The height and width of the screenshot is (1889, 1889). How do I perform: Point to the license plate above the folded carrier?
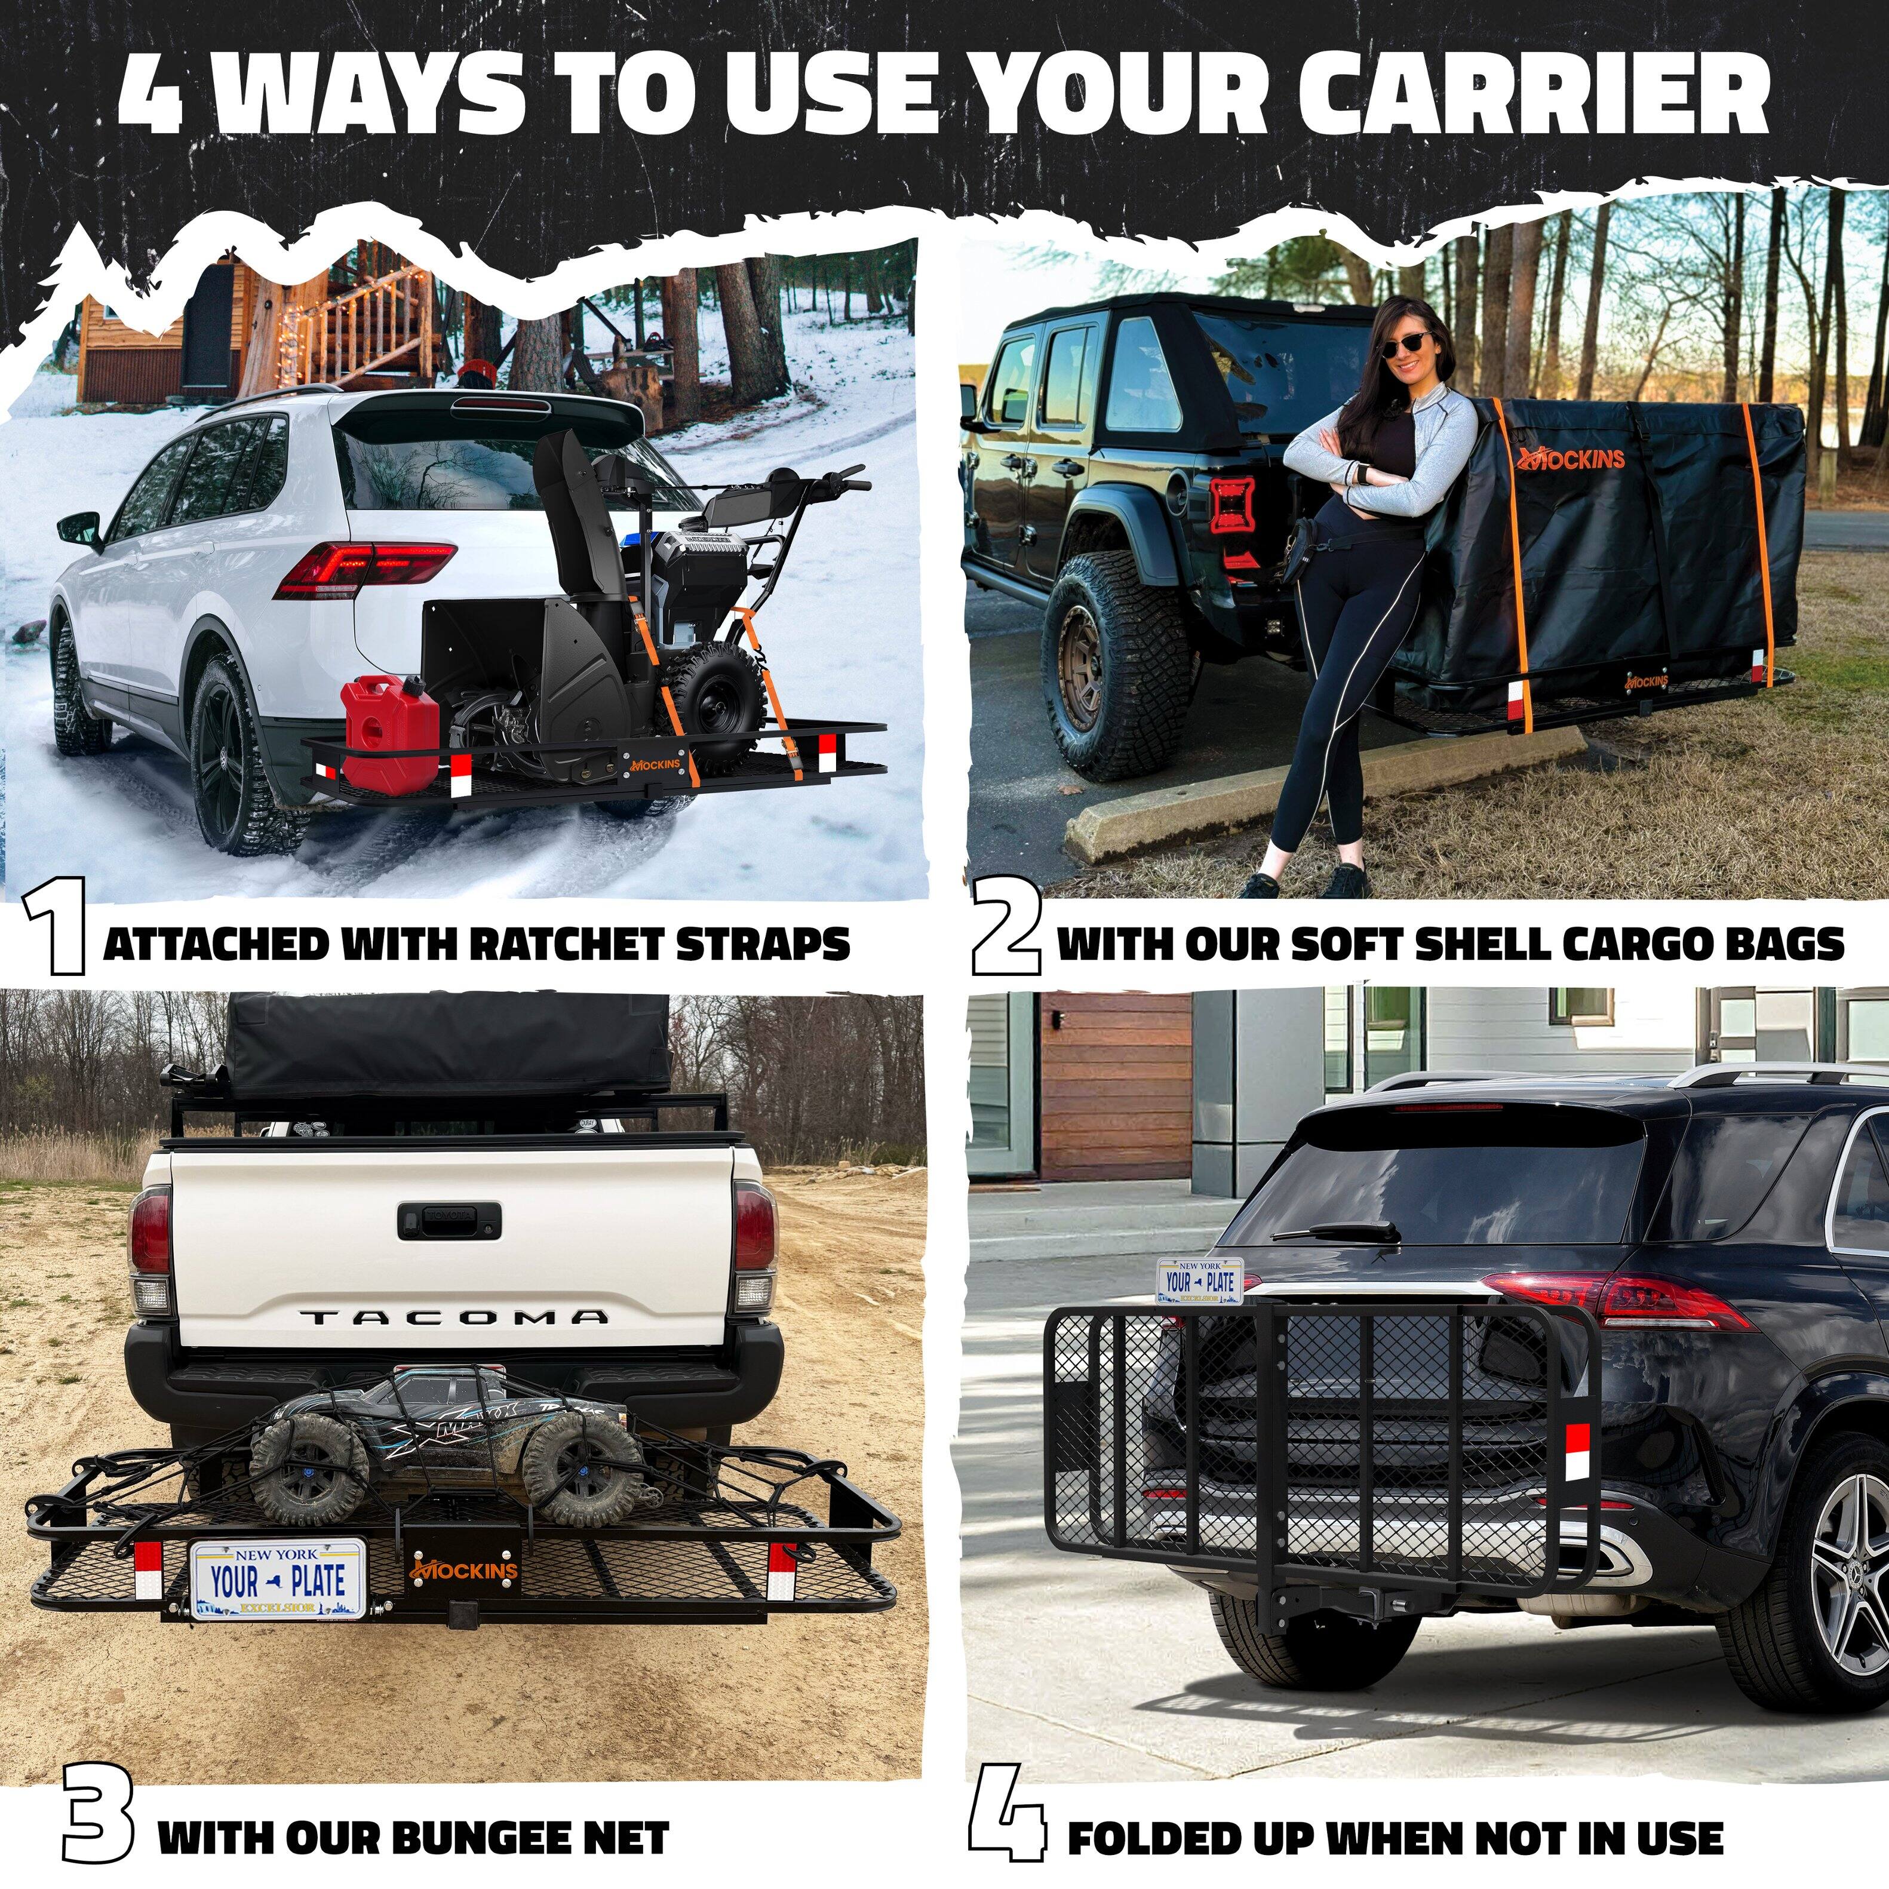(x=1200, y=1281)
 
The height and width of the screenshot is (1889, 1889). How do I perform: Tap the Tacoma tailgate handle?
(x=449, y=1217)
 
